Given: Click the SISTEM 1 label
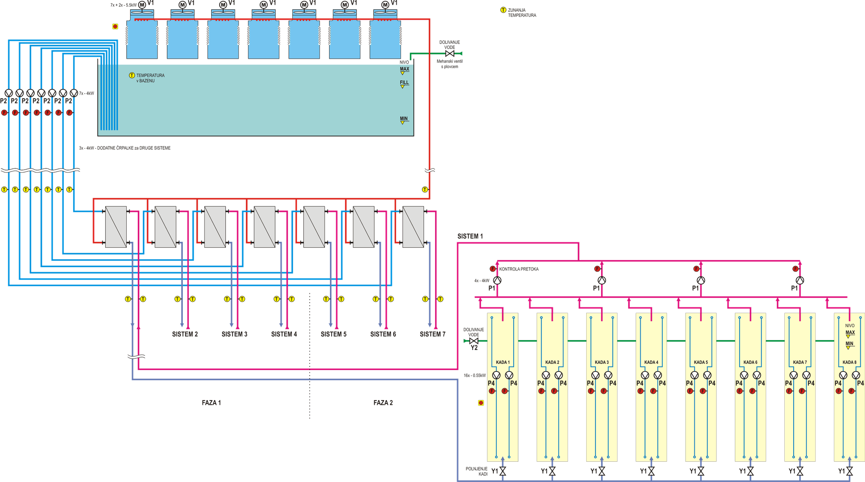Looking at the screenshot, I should [470, 236].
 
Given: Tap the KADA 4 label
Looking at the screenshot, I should [651, 362].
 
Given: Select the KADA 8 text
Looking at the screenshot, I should [849, 362].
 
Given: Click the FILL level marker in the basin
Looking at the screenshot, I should [404, 84].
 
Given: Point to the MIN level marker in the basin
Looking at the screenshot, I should [404, 119].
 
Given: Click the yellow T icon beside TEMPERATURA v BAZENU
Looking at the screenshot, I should [132, 76].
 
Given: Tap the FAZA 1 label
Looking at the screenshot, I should [212, 403].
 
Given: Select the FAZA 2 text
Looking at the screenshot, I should [383, 403].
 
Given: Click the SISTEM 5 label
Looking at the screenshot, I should [333, 334].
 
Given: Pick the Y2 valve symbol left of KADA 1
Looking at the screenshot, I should [473, 341].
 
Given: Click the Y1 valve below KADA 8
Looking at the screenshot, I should [849, 471].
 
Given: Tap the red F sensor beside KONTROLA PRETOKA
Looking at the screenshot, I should [492, 269].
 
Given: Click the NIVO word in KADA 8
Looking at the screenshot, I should [849, 325].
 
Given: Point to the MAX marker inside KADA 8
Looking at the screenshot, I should [850, 333].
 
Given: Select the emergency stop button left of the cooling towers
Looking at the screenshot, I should [115, 27].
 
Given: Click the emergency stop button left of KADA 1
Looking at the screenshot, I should [481, 403].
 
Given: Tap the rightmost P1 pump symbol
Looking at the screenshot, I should [800, 280].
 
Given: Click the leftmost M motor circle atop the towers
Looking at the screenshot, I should [142, 5].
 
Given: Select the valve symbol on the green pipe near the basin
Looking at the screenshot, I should [450, 54].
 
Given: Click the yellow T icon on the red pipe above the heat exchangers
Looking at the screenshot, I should [425, 190].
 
